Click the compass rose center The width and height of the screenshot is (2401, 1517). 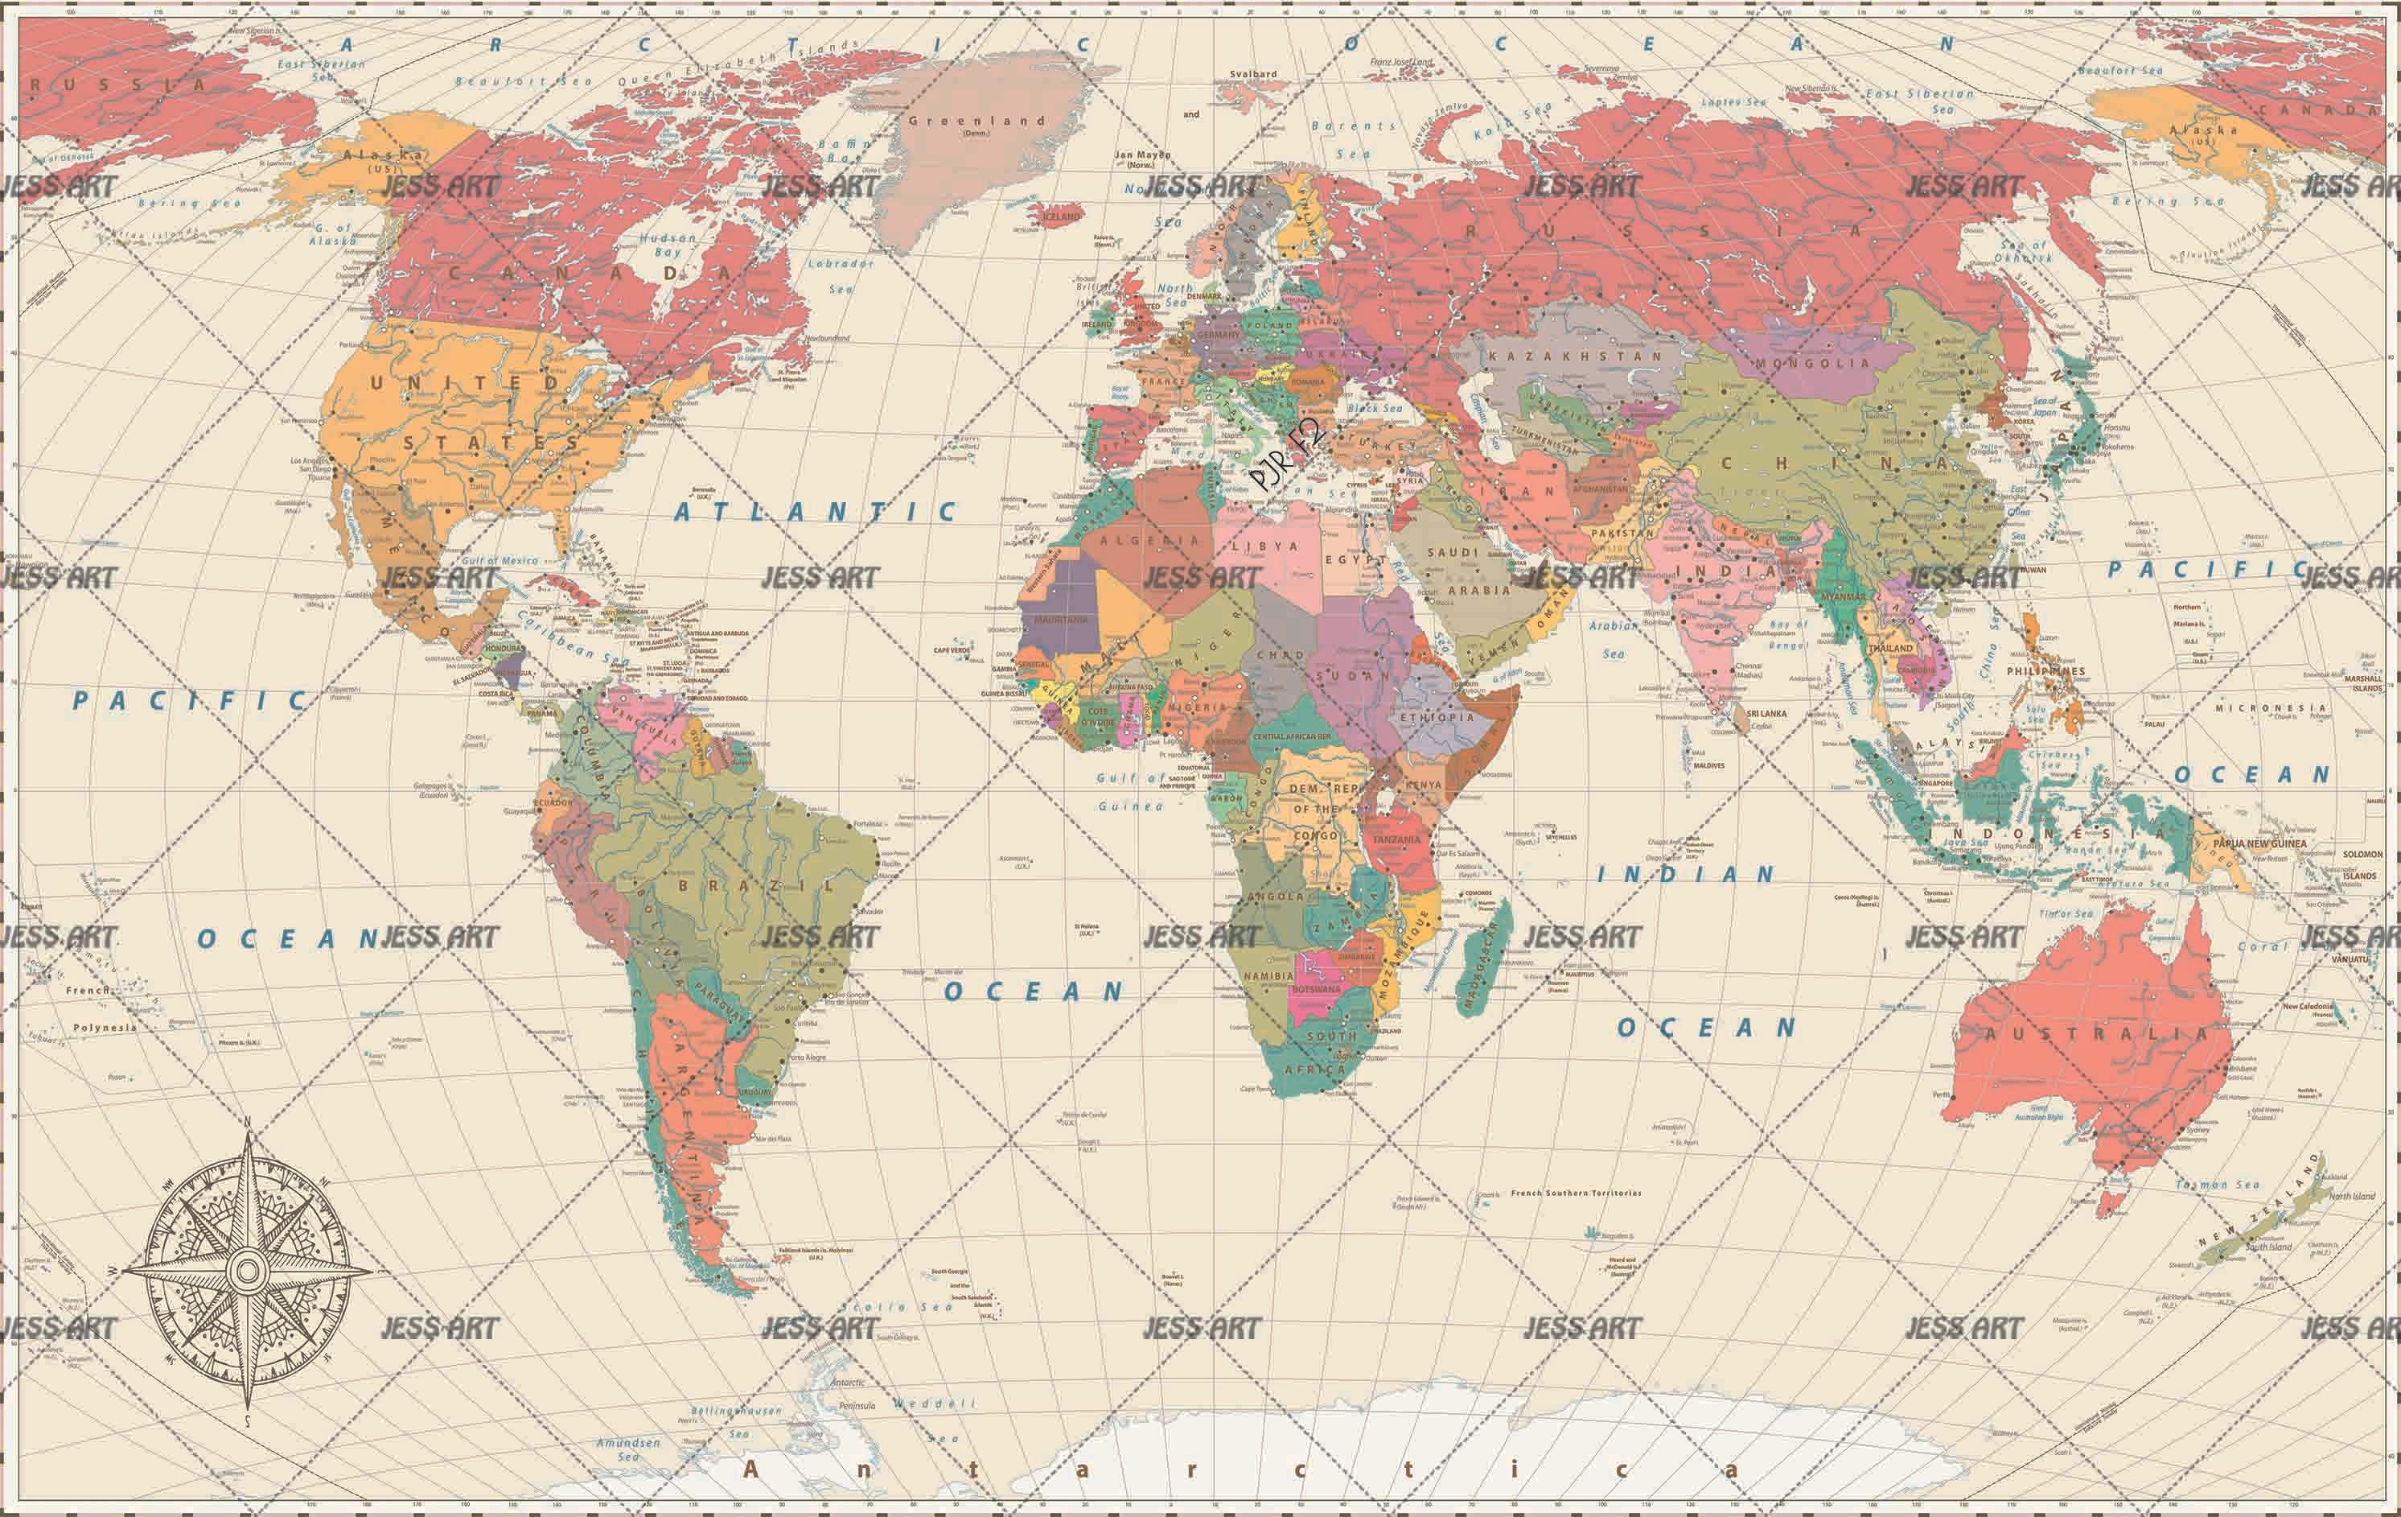pos(247,1270)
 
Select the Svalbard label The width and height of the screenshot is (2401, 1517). pos(1252,74)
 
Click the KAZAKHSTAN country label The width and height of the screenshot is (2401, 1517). pos(1574,356)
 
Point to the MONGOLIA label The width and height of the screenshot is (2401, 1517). pos(1811,363)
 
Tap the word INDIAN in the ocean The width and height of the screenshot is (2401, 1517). pos(1686,875)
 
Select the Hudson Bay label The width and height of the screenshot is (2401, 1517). pos(668,245)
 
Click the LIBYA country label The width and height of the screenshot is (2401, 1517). pos(1264,546)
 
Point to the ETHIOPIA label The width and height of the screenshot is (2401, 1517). pos(1437,717)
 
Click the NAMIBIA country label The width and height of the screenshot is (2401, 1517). pos(1268,975)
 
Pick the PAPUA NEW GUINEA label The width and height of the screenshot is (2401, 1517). pos(2259,843)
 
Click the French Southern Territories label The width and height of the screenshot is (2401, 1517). pos(1576,1193)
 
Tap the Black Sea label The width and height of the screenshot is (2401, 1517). pos(1374,408)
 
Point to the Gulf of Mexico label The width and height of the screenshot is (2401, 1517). pos(500,560)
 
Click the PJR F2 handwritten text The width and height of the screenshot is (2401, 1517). pos(1287,454)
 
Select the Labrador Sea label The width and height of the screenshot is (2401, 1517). pos(841,276)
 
